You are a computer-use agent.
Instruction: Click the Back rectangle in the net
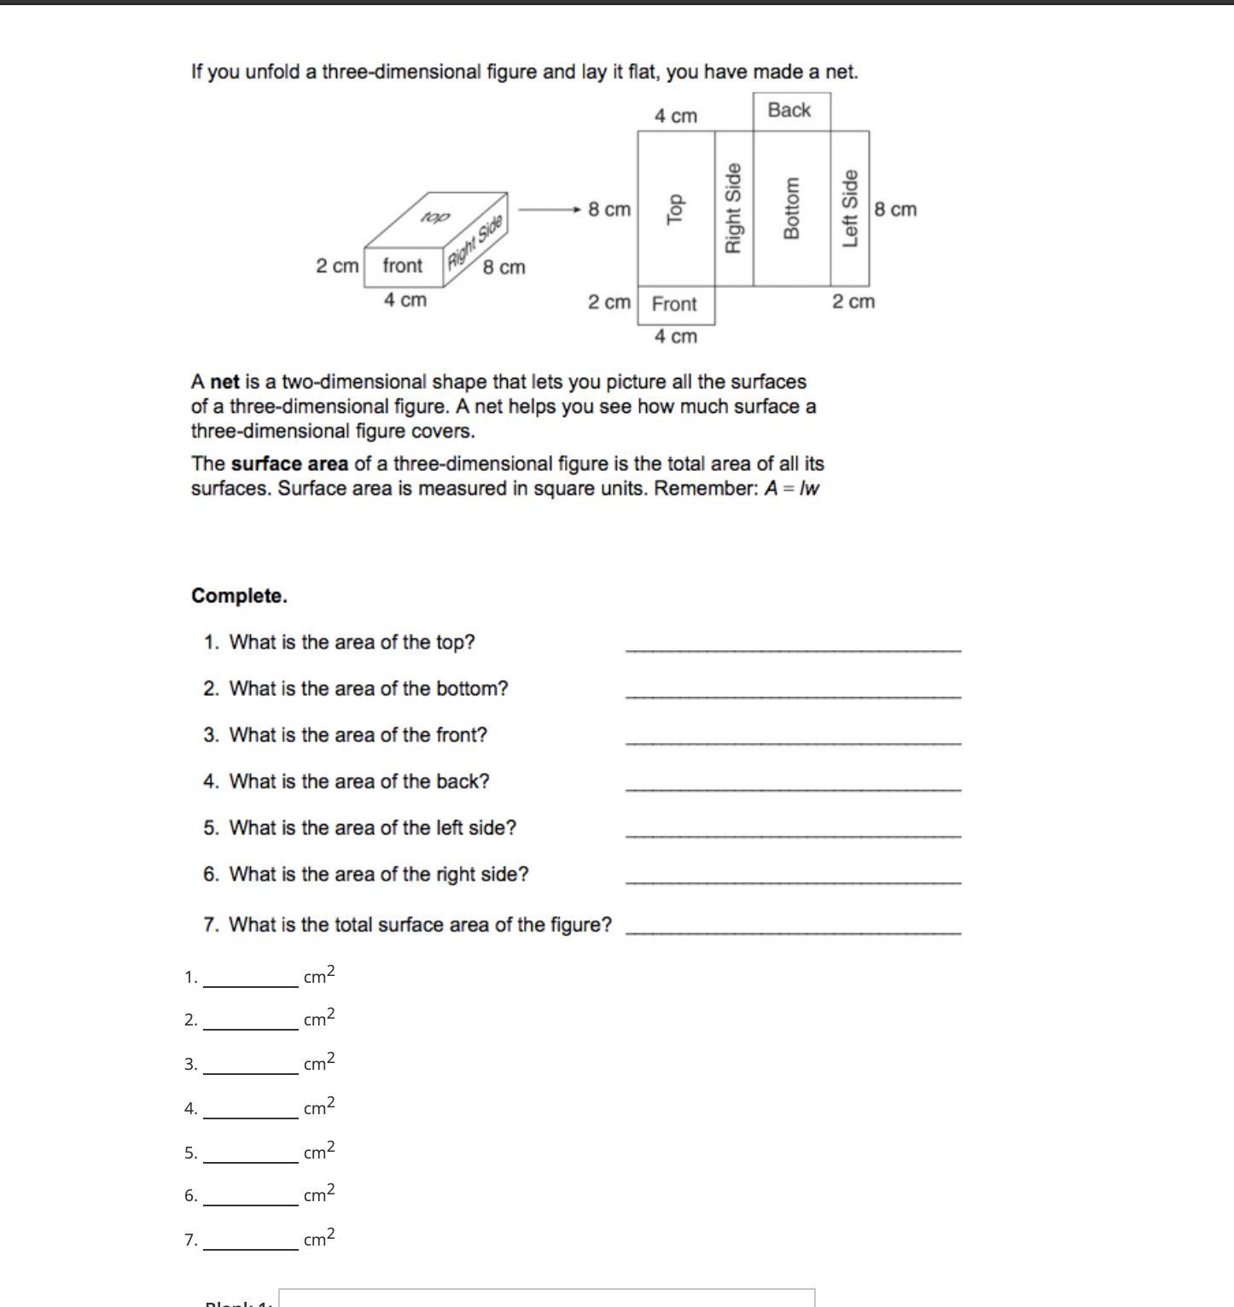pyautogui.click(x=791, y=111)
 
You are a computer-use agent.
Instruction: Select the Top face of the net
pyautogui.click(x=676, y=209)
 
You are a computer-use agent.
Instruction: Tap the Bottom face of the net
pyautogui.click(x=791, y=209)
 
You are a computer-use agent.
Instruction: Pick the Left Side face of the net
pyautogui.click(x=850, y=209)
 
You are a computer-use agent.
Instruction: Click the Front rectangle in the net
pyautogui.click(x=675, y=305)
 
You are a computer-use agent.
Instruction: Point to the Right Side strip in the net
pyautogui.click(x=733, y=209)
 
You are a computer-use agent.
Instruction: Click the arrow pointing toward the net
pyautogui.click(x=550, y=209)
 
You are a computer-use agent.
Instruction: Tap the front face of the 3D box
pyautogui.click(x=404, y=266)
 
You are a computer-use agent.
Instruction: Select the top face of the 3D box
pyautogui.click(x=434, y=218)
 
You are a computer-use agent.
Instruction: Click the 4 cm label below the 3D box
pyautogui.click(x=405, y=300)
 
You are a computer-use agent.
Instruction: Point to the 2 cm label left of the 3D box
pyautogui.click(x=337, y=266)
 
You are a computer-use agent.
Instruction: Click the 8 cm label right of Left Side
pyautogui.click(x=895, y=210)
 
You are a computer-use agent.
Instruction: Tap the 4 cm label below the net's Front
pyautogui.click(x=675, y=337)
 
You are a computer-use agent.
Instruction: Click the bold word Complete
pyautogui.click(x=239, y=596)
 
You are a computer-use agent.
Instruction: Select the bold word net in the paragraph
pyautogui.click(x=224, y=382)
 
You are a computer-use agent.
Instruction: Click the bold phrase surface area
pyautogui.click(x=289, y=464)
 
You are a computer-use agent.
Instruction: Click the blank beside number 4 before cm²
pyautogui.click(x=250, y=1110)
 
